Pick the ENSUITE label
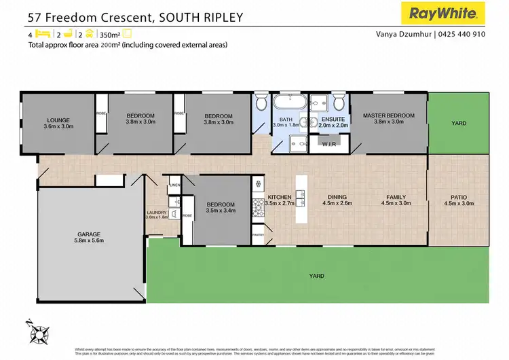click(334, 119)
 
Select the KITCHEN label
click(280, 196)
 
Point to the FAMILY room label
click(396, 196)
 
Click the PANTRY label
click(258, 234)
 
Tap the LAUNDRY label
click(157, 213)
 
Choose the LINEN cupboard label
click(174, 185)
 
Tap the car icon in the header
click(89, 33)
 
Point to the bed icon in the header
click(41, 33)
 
